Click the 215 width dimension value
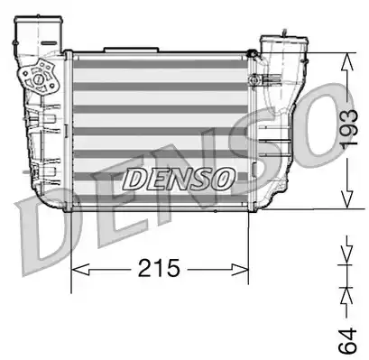(159, 268)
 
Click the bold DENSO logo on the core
(179, 178)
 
